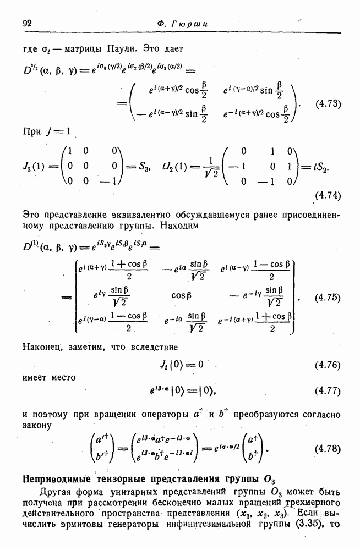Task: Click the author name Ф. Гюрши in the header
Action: (180, 23)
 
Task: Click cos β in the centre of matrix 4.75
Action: (182, 295)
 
